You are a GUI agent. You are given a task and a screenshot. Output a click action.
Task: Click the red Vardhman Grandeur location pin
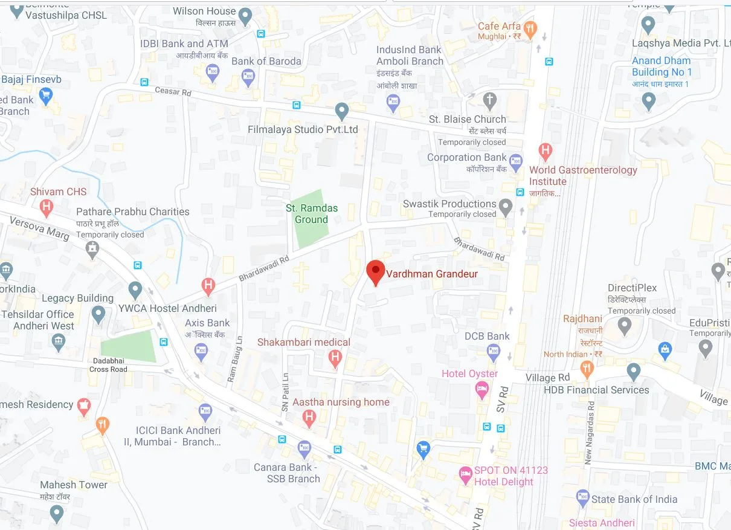(376, 272)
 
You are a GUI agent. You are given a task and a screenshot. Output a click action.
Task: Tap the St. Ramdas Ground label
(311, 214)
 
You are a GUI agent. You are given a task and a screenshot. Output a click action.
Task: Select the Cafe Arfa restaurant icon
(530, 28)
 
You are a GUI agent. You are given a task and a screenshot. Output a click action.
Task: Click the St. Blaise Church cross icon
(490, 100)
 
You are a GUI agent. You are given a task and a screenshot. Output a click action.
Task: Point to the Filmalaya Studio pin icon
(342, 111)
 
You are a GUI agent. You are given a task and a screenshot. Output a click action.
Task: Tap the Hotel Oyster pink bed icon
(481, 390)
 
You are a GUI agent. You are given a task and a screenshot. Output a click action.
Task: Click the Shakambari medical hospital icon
(335, 358)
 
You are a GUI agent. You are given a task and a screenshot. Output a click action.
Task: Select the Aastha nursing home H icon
(309, 416)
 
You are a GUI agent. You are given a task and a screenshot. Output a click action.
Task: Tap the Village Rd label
(547, 378)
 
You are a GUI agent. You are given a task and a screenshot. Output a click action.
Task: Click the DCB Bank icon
(494, 351)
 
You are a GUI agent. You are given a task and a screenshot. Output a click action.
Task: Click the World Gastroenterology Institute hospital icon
(546, 150)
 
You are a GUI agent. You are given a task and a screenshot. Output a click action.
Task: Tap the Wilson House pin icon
(245, 16)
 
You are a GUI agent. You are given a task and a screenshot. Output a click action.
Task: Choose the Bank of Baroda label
(266, 61)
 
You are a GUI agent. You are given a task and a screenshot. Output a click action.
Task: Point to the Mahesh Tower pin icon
(57, 514)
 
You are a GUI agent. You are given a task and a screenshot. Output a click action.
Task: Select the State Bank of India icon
(582, 499)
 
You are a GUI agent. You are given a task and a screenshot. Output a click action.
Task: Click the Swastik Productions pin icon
(506, 208)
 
